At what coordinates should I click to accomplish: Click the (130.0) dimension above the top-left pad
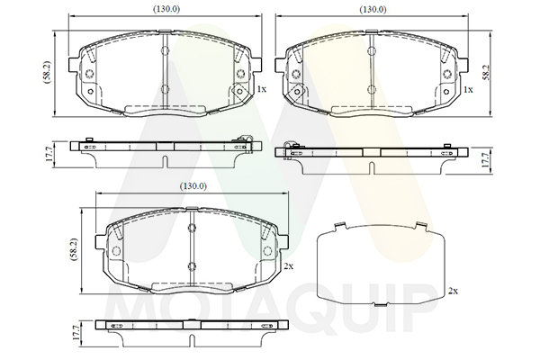click(166, 9)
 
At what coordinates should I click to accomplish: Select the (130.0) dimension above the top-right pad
click(373, 9)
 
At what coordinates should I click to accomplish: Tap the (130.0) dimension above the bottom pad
click(193, 186)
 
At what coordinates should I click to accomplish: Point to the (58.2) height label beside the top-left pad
click(47, 72)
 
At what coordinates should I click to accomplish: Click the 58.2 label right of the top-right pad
click(486, 73)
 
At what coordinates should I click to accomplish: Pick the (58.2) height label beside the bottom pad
click(75, 250)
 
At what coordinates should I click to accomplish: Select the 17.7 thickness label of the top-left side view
click(49, 154)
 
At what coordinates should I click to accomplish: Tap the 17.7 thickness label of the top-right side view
click(485, 160)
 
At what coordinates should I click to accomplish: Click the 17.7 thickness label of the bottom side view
click(76, 334)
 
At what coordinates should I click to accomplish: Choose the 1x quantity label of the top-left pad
click(262, 90)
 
